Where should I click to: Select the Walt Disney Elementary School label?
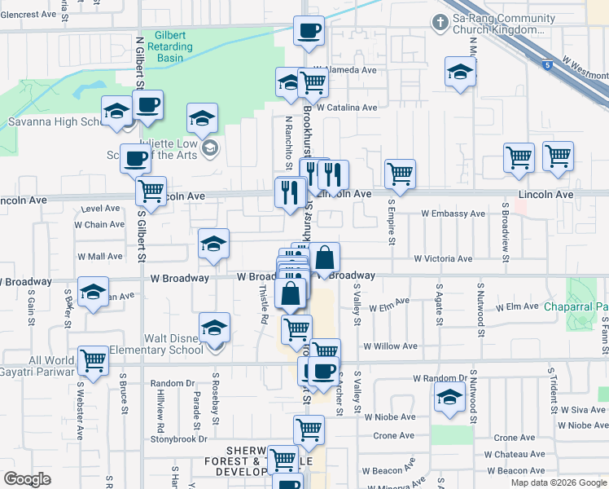pos(162,344)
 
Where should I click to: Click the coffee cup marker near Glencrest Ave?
pos(309,32)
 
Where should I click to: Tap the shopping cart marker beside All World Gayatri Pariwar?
pos(94,359)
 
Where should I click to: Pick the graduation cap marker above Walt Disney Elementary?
pos(215,328)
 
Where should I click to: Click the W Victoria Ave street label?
pos(443,258)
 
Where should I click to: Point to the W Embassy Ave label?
pos(453,214)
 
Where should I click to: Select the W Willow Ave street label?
pos(391,346)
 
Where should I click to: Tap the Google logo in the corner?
pos(27,479)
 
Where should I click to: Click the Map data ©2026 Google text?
pos(558,482)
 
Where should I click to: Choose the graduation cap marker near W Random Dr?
pos(449,399)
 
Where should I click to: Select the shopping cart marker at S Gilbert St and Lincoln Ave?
pos(151,191)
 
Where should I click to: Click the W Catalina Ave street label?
pos(347,107)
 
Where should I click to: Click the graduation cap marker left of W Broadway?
pos(94,291)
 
